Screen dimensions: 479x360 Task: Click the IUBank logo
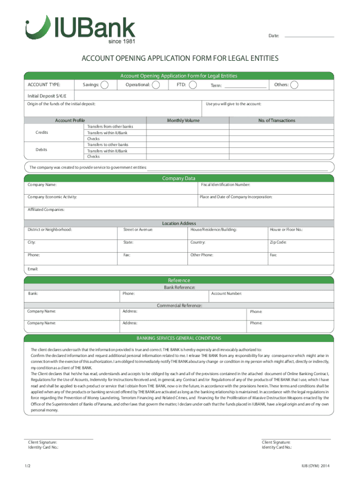(80, 29)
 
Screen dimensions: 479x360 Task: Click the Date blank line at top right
(309, 36)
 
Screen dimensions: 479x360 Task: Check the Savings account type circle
(105, 85)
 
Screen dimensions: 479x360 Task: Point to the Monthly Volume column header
(183, 121)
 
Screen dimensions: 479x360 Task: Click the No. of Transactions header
(277, 121)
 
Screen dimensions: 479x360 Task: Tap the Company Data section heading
(179, 178)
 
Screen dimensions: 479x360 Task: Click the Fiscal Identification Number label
(225, 185)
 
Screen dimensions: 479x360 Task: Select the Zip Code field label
(278, 242)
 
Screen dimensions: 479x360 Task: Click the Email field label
(33, 269)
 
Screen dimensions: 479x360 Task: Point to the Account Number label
(227, 293)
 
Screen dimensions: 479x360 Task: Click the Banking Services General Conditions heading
(179, 338)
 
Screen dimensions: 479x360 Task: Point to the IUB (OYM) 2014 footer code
(316, 466)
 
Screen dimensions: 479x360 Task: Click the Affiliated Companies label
(46, 210)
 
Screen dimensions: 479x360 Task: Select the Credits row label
(42, 133)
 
